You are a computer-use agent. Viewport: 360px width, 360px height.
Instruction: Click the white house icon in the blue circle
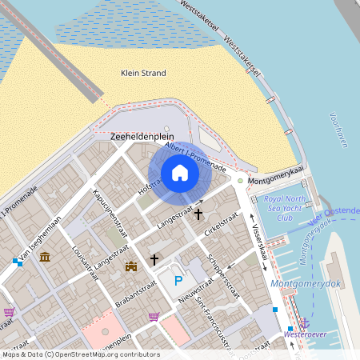pos(180,173)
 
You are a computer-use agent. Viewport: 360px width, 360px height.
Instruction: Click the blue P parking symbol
pos(178,281)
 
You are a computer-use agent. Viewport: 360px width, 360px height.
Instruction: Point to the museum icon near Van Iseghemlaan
pos(45,257)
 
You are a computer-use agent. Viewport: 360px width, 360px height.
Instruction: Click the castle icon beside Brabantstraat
pos(131,265)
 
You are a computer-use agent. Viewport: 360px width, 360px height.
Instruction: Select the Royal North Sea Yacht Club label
pos(286,207)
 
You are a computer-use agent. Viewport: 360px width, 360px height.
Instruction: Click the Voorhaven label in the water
pos(338,130)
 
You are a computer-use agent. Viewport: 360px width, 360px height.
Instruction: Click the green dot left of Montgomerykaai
pos(239,181)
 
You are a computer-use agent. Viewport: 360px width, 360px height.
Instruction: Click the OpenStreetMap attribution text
pos(80,354)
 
